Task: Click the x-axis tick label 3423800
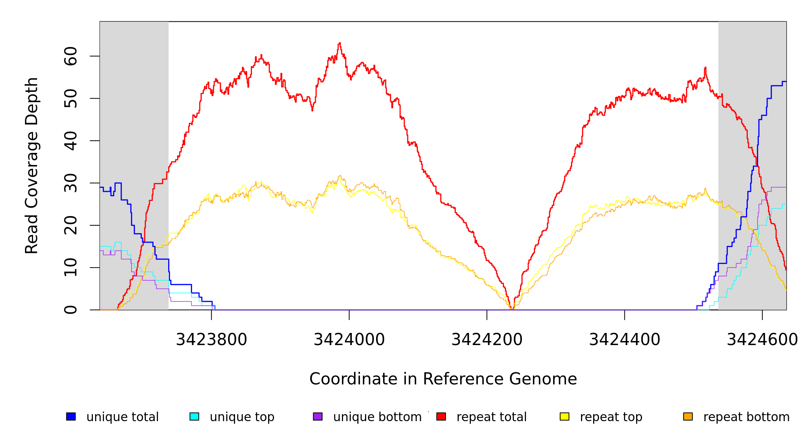[x=212, y=340]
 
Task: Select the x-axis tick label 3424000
[x=349, y=340]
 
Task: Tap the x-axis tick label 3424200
[x=487, y=340]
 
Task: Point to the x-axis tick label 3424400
[x=625, y=340]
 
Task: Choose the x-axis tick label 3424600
[x=762, y=340]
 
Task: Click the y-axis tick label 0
[x=71, y=310]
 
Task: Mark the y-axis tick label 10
[x=71, y=268]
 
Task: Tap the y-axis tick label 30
[x=71, y=183]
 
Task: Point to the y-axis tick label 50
[x=71, y=98]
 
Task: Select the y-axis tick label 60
[x=71, y=56]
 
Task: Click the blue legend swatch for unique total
[x=71, y=416]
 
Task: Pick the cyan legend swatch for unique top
[x=194, y=416]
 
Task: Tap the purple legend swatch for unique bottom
[x=318, y=416]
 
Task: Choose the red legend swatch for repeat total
[x=441, y=416]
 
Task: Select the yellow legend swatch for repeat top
[x=564, y=416]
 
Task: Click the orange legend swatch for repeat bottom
[x=688, y=416]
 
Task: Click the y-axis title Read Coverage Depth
[x=32, y=165]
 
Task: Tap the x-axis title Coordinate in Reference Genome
[x=443, y=379]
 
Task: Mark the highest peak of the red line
[x=340, y=43]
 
